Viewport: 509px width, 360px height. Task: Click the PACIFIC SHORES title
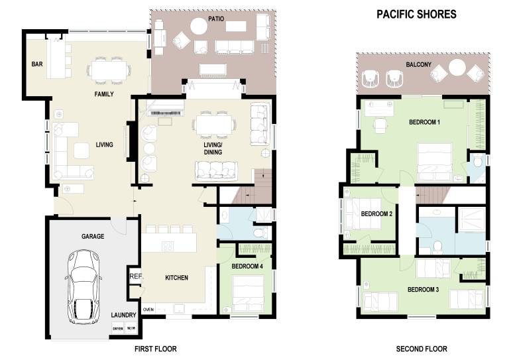(416, 15)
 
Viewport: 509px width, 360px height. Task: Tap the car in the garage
(84, 287)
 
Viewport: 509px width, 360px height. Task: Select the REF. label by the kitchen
(136, 276)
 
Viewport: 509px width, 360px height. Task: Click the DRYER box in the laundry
(118, 328)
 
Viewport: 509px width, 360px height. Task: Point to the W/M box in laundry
(131, 328)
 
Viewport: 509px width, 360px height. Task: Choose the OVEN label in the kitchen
(148, 310)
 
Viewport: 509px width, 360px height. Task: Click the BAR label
(37, 64)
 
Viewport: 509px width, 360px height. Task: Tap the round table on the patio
(199, 26)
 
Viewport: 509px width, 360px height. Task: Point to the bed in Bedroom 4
(249, 294)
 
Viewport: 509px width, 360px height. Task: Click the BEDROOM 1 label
(424, 122)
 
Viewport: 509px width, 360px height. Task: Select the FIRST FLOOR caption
(156, 349)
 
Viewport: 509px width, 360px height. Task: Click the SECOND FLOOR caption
(422, 349)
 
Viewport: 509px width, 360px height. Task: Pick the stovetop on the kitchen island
(168, 247)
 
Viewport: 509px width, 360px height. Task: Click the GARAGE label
(93, 236)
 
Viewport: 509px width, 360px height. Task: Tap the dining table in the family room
(109, 70)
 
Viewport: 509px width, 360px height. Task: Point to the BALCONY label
(418, 64)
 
